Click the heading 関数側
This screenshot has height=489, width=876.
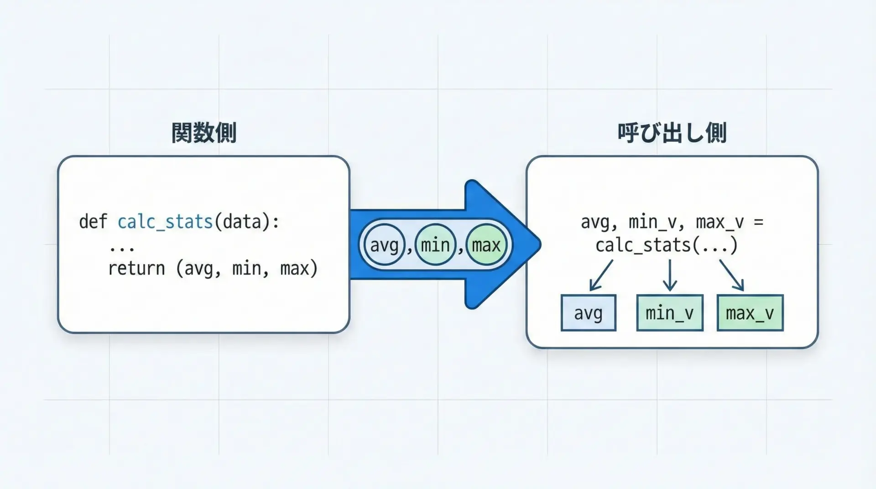(x=204, y=133)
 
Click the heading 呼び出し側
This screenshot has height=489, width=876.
(x=672, y=133)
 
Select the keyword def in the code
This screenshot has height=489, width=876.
(x=93, y=222)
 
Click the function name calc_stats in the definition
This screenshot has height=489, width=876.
(x=165, y=222)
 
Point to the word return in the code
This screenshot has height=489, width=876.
(x=136, y=268)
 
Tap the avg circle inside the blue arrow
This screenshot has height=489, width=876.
(x=385, y=245)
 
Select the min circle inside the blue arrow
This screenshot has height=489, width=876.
(x=435, y=245)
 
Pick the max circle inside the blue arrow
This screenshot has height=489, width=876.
(x=486, y=245)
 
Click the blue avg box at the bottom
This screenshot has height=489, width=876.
(x=588, y=313)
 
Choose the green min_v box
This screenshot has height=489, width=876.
(x=669, y=313)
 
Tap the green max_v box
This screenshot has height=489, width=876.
(x=750, y=313)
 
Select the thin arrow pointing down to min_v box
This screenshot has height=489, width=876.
(x=669, y=275)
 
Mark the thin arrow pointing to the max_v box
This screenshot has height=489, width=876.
(x=732, y=275)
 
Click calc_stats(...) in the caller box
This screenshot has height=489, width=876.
(x=667, y=245)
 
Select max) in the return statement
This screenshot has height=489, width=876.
(x=299, y=268)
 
